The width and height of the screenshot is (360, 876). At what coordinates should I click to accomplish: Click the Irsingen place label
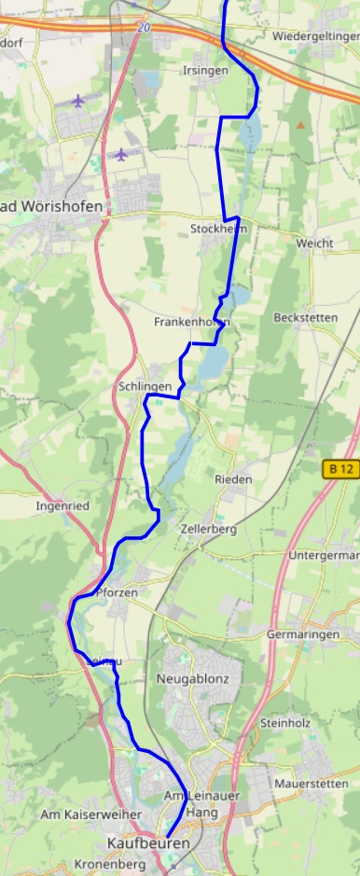(x=205, y=71)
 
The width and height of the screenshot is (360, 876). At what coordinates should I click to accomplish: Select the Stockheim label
(x=218, y=229)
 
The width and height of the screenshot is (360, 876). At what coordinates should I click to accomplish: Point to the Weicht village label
(x=314, y=243)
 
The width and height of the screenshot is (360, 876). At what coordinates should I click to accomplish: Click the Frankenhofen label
(x=191, y=322)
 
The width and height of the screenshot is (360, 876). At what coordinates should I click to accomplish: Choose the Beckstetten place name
(x=305, y=317)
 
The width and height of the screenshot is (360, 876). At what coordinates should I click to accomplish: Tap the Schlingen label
(x=145, y=386)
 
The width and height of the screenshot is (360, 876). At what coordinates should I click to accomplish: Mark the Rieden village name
(x=233, y=479)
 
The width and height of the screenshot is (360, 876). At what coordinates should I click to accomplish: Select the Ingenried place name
(x=62, y=506)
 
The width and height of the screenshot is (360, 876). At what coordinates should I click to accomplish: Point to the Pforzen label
(x=117, y=593)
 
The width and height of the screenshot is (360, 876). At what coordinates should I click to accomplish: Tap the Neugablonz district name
(x=193, y=678)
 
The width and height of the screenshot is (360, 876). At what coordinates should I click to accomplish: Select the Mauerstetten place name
(x=311, y=784)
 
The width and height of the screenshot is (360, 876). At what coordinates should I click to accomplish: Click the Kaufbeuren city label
(x=148, y=842)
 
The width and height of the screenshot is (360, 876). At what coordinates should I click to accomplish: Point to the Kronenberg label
(x=110, y=865)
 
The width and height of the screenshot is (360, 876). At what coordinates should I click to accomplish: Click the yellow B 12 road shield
(x=341, y=470)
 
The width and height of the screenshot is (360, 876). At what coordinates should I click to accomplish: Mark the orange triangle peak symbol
(x=300, y=123)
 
